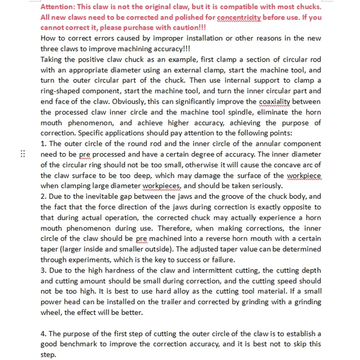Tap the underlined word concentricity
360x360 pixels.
pyautogui.click(x=238, y=18)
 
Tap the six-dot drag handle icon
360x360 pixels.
pyautogui.click(x=22, y=154)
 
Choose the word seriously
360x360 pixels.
pyautogui.click(x=265, y=185)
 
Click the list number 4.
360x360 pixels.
pyautogui.click(x=44, y=333)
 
